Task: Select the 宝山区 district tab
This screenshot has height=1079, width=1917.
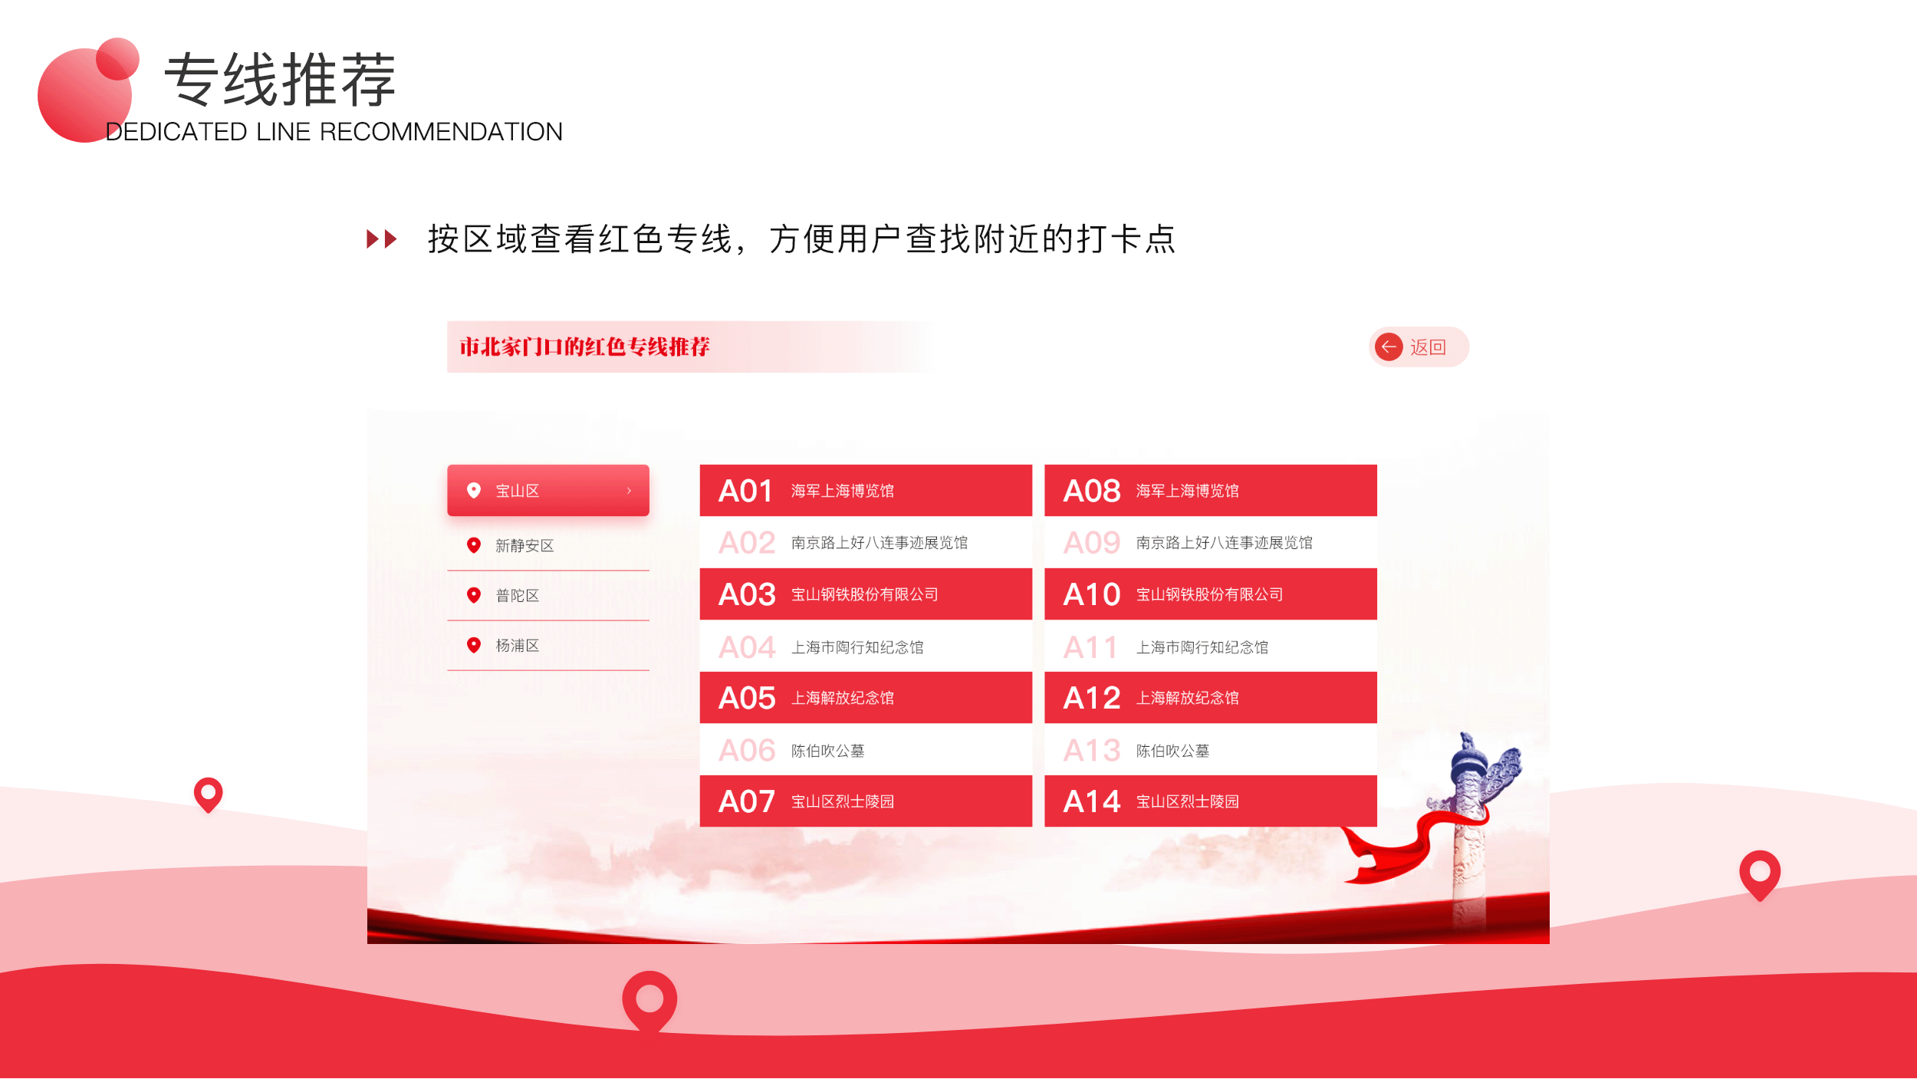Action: pyautogui.click(x=537, y=491)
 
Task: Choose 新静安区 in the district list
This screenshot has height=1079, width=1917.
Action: pyautogui.click(x=524, y=545)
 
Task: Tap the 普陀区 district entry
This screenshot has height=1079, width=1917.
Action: pyautogui.click(x=517, y=596)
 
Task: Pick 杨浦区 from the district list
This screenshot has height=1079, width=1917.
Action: pyautogui.click(x=517, y=646)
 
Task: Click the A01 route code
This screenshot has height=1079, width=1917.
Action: pyautogui.click(x=745, y=491)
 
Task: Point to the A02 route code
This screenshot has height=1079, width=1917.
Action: pyautogui.click(x=746, y=543)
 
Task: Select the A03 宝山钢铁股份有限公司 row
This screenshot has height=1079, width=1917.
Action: pyautogui.click(x=865, y=594)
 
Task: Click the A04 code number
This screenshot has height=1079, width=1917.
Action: pyautogui.click(x=746, y=647)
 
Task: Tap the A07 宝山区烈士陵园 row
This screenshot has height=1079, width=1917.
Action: pyautogui.click(x=865, y=801)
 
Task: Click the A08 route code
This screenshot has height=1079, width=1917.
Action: pyautogui.click(x=1091, y=491)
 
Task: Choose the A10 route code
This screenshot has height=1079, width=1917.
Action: pyautogui.click(x=1091, y=594)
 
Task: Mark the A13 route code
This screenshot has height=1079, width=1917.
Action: pyautogui.click(x=1091, y=750)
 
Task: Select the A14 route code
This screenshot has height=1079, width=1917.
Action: pyautogui.click(x=1091, y=801)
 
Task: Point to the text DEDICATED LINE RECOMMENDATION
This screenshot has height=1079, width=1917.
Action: pyautogui.click(x=334, y=132)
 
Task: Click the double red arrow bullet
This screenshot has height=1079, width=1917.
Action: pyautogui.click(x=381, y=239)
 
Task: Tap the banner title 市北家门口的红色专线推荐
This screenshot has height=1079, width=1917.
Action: pyautogui.click(x=584, y=347)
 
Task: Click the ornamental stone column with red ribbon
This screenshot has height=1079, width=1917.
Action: pyautogui.click(x=1468, y=828)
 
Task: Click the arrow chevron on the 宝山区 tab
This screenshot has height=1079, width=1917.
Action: pyautogui.click(x=629, y=491)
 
